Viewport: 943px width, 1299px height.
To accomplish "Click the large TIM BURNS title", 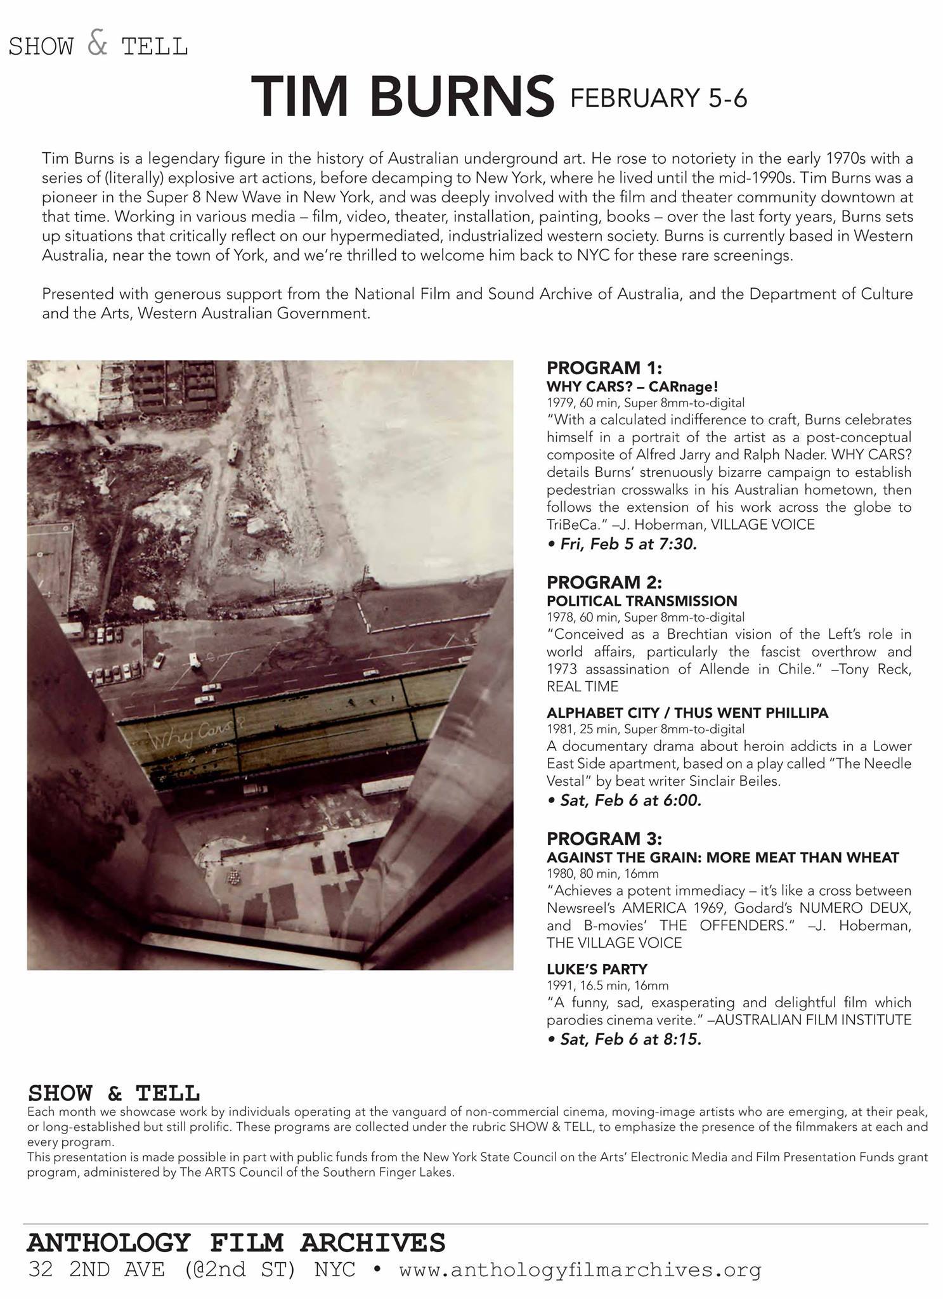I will (x=402, y=96).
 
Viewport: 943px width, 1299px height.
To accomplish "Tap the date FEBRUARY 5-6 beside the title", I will (x=659, y=98).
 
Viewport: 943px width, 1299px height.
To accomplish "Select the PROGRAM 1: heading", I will (x=604, y=368).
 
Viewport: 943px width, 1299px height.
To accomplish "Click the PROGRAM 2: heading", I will (x=604, y=582).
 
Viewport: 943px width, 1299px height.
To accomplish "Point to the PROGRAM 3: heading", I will (x=604, y=839).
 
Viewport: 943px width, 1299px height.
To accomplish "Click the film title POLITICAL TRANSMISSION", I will (x=642, y=601).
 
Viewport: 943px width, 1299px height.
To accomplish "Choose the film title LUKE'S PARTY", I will (x=597, y=969).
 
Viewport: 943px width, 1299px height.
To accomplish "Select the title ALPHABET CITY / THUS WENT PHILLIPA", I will (x=687, y=713).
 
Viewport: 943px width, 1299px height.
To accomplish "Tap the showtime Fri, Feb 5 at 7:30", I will (x=622, y=544).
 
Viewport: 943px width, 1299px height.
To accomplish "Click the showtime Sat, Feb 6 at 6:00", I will (x=624, y=800).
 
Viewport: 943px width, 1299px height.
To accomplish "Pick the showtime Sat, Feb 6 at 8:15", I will (x=624, y=1040).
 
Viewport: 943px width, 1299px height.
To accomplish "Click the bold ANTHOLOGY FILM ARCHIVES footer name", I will (x=236, y=1243).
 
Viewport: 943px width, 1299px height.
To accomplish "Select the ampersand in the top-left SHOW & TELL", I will (x=97, y=44).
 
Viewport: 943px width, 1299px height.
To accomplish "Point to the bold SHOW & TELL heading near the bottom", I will (x=114, y=1093).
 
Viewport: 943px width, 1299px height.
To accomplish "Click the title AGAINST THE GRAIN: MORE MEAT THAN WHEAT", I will (x=722, y=858).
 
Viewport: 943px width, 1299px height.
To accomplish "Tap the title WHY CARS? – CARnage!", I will (x=632, y=386).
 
